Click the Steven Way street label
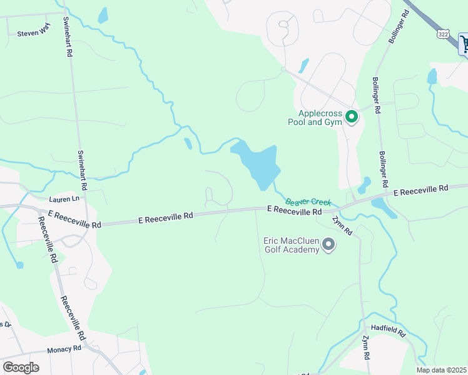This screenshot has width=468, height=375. click(33, 34)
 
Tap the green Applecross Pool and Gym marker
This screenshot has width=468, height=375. click(352, 117)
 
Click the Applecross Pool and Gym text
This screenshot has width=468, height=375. click(320, 117)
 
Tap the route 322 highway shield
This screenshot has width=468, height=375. click(444, 32)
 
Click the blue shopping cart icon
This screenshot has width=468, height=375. click(464, 44)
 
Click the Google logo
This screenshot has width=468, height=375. click(21, 367)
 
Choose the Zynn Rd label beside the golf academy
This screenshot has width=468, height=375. click(343, 225)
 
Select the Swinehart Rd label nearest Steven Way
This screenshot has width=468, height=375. click(68, 37)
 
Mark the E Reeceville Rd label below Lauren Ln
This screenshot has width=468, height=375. click(74, 219)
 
